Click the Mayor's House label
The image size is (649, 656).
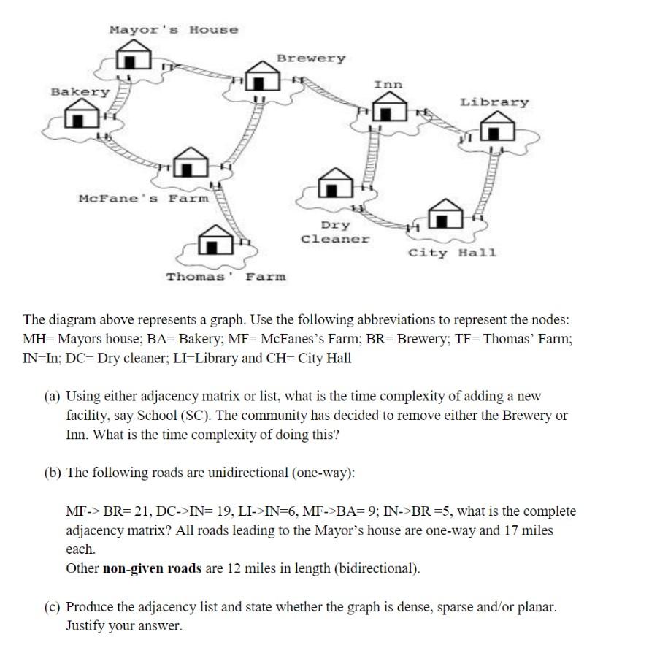(x=173, y=30)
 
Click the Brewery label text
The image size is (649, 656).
(x=310, y=58)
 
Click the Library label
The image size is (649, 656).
(x=494, y=102)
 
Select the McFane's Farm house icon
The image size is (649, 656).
(x=191, y=164)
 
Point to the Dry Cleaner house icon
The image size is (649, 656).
(x=335, y=183)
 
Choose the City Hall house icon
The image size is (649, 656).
(x=443, y=214)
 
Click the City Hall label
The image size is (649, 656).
(x=452, y=253)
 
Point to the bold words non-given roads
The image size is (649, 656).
(x=150, y=568)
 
